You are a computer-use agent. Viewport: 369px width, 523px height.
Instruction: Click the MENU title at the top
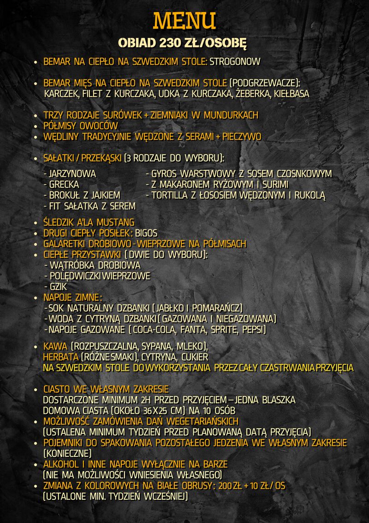coord(184,21)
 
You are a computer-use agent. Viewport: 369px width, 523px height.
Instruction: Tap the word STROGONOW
coord(235,61)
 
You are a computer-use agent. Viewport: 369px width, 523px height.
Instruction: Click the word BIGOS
coord(146,233)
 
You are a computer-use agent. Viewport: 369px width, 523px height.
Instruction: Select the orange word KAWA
coord(55,346)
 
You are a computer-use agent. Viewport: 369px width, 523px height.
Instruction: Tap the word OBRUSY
coord(191,486)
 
